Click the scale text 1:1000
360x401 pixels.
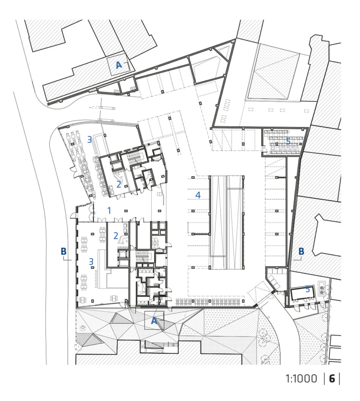[301, 379]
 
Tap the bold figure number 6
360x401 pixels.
[332, 379]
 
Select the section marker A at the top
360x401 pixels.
[119, 65]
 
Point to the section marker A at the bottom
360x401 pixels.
[154, 321]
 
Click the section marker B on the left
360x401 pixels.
[63, 251]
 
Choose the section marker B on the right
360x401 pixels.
[302, 251]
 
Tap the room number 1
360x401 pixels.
[109, 211]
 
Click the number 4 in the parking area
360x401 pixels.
[198, 195]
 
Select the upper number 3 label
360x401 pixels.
[90, 139]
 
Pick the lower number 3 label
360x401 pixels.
[91, 261]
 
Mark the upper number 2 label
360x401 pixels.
[118, 184]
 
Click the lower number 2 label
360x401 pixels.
[116, 236]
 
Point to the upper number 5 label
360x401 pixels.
[288, 141]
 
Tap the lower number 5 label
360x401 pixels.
[308, 289]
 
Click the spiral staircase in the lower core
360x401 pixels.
[155, 242]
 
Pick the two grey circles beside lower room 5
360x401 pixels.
[322, 290]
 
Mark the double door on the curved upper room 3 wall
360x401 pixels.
[74, 174]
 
